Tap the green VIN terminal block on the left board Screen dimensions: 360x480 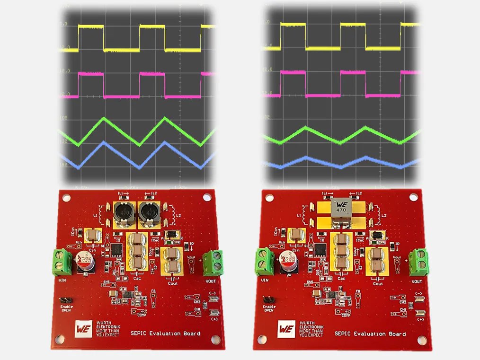(62, 262)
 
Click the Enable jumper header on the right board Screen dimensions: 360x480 (268, 300)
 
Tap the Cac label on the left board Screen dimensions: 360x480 (137, 279)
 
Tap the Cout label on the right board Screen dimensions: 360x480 (377, 284)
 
